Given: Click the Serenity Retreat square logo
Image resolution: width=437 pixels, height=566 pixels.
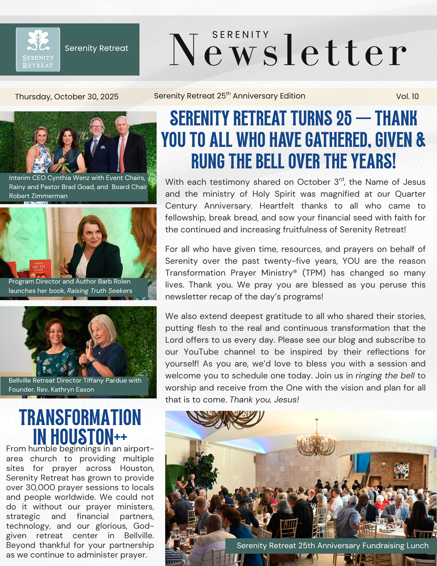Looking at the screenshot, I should point(38,49).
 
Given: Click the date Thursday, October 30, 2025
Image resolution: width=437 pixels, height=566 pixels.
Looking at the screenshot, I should point(67,97).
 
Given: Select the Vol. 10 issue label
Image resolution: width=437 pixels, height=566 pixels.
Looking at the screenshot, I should point(407,96).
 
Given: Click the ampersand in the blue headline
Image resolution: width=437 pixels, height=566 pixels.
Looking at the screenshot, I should point(420,140).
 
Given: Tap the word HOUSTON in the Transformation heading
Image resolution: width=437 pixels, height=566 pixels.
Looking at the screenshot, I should point(82,437).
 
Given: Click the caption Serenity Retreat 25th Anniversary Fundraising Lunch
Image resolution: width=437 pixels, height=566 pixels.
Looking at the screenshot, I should point(333,545).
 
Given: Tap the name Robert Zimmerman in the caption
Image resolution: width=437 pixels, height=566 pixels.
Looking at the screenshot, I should point(38,196).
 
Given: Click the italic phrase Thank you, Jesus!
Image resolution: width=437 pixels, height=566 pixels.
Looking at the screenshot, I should point(264,399).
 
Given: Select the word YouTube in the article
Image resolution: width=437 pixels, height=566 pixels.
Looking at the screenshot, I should point(201,352).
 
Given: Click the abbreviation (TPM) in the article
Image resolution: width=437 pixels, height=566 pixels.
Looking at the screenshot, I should point(314,273).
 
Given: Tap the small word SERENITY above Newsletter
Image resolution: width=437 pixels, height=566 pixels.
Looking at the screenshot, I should point(240,35).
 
